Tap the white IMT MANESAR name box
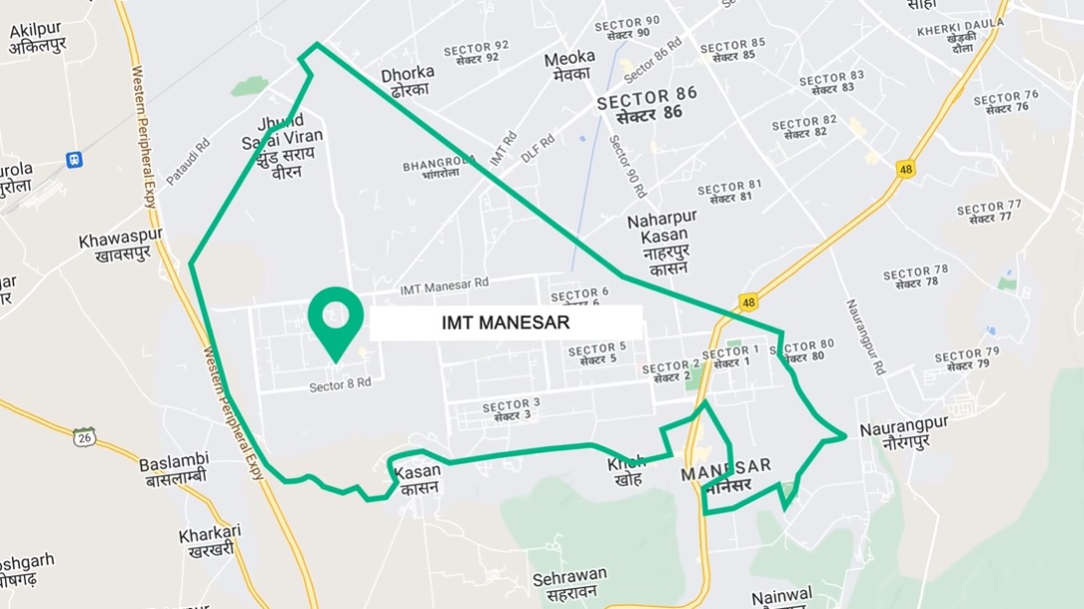[506, 323]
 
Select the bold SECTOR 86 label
[647, 102]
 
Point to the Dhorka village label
[407, 80]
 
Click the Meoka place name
[569, 66]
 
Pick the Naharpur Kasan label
[663, 242]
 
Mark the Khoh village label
[627, 470]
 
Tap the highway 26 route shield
[85, 436]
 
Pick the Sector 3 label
[511, 410]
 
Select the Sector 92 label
[476, 53]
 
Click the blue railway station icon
[74, 159]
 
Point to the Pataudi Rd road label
[188, 160]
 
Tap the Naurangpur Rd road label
[864, 337]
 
